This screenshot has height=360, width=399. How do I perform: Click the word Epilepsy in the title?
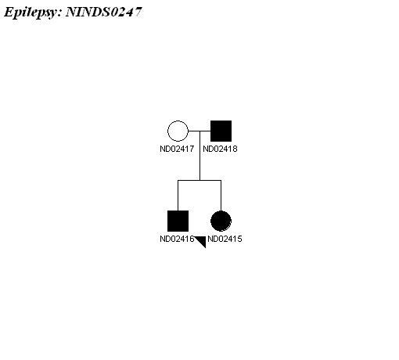coord(33,13)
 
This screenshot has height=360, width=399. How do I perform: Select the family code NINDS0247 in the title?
coord(104,12)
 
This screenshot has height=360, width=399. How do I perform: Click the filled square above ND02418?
coord(221,131)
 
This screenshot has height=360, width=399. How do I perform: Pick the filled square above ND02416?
coord(178,221)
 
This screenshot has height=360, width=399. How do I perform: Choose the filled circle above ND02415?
coord(221,221)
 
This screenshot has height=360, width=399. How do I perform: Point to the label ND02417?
coord(177,149)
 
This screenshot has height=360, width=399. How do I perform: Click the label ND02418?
coord(220,149)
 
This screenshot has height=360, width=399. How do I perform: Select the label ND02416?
coord(177,239)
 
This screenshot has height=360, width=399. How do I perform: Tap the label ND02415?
coord(225,239)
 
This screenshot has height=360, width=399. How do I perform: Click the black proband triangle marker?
coord(202,240)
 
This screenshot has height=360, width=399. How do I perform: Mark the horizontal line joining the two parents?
coord(199,131)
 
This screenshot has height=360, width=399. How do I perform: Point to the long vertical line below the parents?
coord(199,156)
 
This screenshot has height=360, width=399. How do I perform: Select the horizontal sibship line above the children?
coord(199,180)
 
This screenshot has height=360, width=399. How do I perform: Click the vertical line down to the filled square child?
coord(178,196)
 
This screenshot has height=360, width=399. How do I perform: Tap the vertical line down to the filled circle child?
coord(221,196)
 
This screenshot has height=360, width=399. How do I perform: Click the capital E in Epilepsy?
coord(9,12)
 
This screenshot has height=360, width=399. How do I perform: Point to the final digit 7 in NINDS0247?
coord(138,12)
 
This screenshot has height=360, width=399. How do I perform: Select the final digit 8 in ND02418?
coord(235,149)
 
